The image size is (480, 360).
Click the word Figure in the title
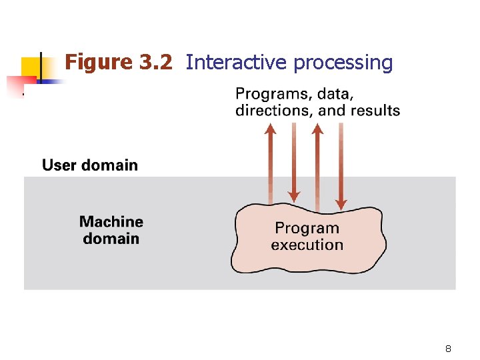point(99,63)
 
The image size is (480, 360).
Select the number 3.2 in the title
point(156,63)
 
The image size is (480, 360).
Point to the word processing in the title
point(343,63)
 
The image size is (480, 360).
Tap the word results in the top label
point(375,110)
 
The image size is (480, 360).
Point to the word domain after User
point(109,165)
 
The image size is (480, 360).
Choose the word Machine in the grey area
point(111,221)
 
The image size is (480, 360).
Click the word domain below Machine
point(111,239)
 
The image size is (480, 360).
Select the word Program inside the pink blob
point(307,228)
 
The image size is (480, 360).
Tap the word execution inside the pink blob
point(307,245)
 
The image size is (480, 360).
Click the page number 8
point(448,349)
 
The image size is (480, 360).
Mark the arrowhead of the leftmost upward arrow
point(270,129)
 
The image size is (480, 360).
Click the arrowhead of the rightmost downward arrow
point(341,203)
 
